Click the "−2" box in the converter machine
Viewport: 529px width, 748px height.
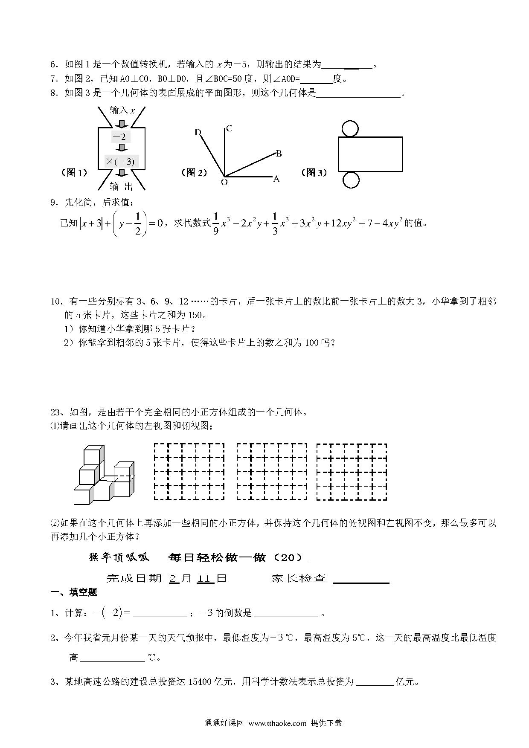click(x=121, y=137)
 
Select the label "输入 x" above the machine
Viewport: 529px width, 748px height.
click(x=122, y=110)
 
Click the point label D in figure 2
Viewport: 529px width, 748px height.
click(x=198, y=132)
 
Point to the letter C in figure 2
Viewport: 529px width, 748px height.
click(x=229, y=128)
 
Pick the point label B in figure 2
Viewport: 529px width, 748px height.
click(x=279, y=154)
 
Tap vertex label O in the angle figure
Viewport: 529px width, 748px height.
click(x=224, y=182)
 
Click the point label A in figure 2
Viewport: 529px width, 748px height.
click(x=276, y=179)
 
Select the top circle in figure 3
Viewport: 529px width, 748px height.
click(x=350, y=128)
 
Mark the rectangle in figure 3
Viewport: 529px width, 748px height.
click(x=370, y=154)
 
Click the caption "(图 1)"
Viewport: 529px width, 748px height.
click(x=75, y=173)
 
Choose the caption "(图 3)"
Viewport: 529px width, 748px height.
click(x=314, y=173)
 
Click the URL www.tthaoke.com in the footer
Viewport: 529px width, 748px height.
click(x=277, y=723)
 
